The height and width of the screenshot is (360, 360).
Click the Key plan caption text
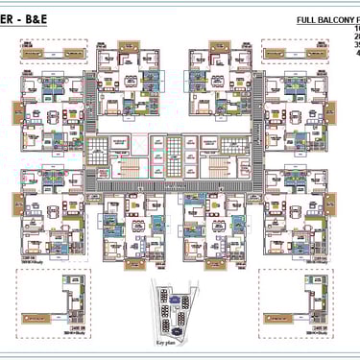[x=169, y=341]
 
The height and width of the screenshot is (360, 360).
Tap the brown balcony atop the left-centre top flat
[x=128, y=45]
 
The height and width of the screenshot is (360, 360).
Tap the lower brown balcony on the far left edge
[x=17, y=204]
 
